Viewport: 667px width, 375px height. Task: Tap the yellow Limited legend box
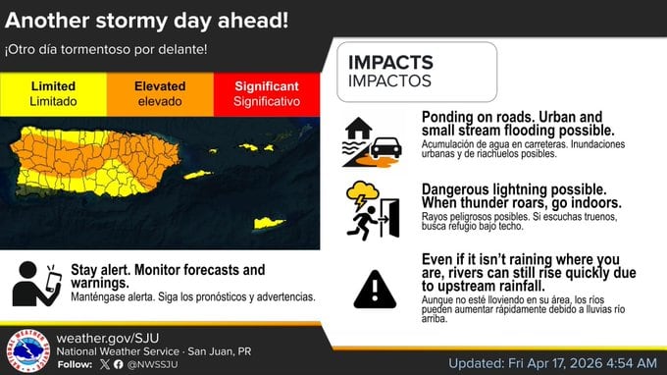click(53, 93)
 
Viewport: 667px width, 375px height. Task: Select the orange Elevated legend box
click(160, 93)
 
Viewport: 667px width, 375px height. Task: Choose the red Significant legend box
click(267, 93)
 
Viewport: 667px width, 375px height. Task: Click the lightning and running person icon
click(373, 210)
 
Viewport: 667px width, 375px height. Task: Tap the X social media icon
click(105, 363)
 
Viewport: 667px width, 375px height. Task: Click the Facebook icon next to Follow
click(119, 363)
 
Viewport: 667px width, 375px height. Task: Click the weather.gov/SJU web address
click(114, 337)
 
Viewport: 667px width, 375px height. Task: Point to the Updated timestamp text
click(553, 362)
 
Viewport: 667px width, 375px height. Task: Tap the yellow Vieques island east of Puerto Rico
click(198, 176)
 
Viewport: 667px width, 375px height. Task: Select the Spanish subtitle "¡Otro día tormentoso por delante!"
click(112, 49)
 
